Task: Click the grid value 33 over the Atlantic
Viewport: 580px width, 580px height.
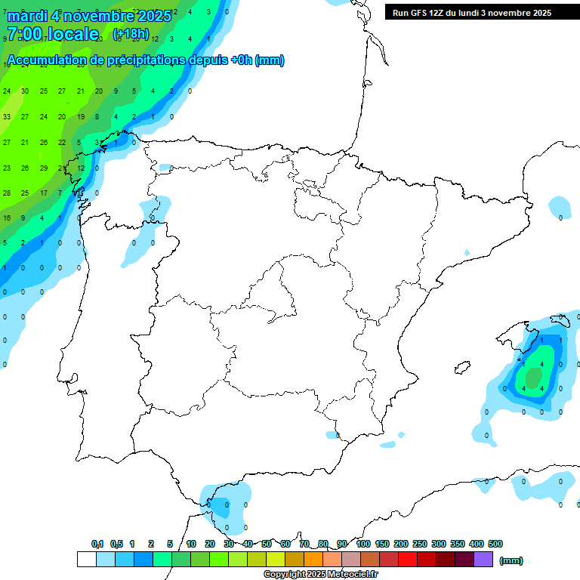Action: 7,117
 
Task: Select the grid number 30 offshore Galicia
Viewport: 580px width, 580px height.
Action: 25,91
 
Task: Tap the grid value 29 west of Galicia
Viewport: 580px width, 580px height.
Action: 44,168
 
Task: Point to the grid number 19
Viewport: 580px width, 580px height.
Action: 81,117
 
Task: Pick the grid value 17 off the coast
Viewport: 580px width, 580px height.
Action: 44,193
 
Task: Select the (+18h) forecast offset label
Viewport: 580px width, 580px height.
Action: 131,34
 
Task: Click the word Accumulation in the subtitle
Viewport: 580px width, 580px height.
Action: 46,60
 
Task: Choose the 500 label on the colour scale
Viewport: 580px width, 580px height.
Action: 495,544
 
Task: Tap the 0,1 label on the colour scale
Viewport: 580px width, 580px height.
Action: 97,544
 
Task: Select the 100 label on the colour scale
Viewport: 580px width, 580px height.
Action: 363,544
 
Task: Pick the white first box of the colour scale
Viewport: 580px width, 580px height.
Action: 86,560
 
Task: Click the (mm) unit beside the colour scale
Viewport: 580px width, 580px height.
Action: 511,560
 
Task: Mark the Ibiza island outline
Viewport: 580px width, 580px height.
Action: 461,369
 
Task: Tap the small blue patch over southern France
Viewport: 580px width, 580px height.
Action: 560,205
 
